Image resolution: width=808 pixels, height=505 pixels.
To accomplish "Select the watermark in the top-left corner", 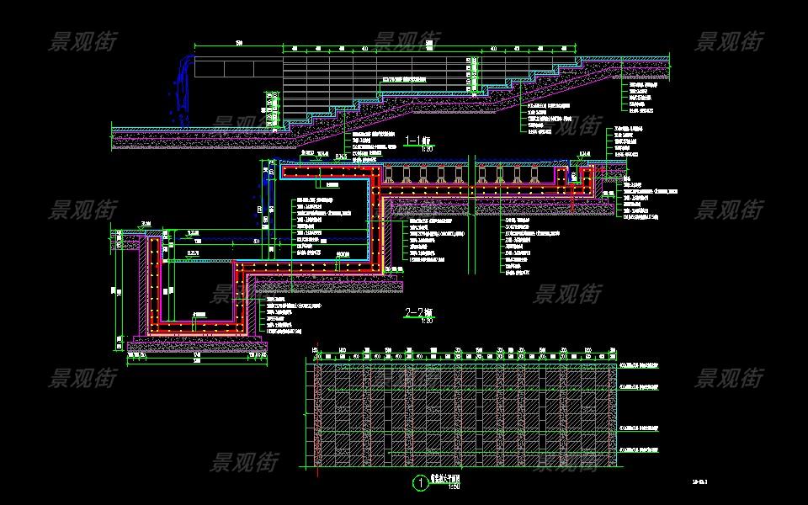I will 82,40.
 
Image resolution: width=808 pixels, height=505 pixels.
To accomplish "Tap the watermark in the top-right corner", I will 729,40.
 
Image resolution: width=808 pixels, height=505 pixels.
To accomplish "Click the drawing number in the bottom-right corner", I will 699,482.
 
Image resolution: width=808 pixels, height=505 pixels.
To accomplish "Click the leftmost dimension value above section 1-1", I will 239,42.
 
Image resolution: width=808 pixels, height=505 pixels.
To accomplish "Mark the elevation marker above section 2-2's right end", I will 586,152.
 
